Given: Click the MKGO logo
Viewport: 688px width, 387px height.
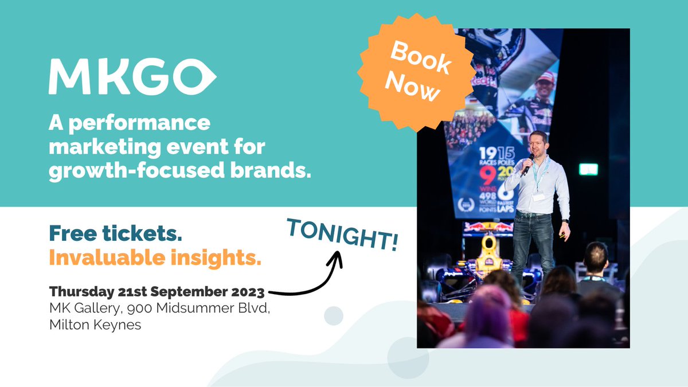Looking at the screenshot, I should click(x=132, y=76).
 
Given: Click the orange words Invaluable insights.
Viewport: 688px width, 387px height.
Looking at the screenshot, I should click(x=155, y=258).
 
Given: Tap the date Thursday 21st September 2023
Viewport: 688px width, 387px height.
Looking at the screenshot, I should click(x=157, y=292).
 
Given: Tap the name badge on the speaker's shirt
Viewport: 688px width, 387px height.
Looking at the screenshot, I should click(x=538, y=197).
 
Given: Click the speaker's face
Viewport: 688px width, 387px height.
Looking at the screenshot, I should click(x=538, y=144).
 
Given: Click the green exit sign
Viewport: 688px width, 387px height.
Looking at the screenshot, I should click(x=588, y=169).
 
